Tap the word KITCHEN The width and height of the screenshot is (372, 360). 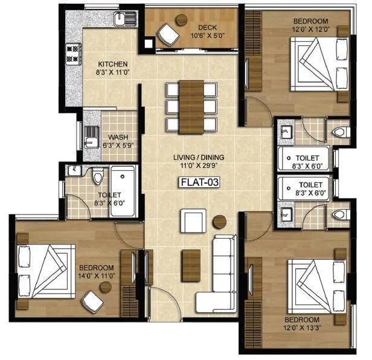113,64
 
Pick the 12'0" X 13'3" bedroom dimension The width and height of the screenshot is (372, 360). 303,328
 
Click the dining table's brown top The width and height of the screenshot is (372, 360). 191,105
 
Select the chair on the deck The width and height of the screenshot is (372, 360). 166,34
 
